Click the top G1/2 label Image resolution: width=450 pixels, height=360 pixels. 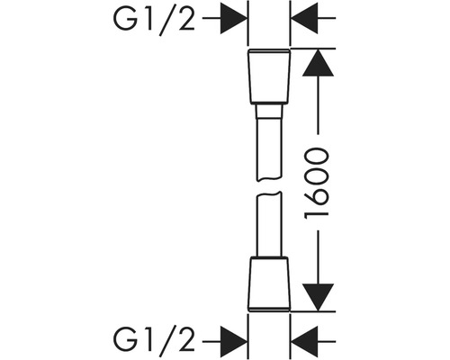point(154,19)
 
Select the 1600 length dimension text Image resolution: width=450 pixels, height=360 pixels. point(317,183)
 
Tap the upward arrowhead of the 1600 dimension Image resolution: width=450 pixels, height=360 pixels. point(318,62)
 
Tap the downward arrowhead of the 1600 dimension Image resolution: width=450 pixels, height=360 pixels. point(318,297)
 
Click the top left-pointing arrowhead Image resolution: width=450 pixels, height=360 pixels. point(304,18)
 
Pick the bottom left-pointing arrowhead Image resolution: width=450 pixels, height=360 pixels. point(304,342)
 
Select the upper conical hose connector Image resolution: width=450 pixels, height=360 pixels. point(269,76)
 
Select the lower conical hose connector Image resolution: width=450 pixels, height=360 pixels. point(269,283)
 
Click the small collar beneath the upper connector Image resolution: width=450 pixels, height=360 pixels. point(269,111)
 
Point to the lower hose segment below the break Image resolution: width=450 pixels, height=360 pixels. point(269,224)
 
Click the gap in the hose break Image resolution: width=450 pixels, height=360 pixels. point(269,186)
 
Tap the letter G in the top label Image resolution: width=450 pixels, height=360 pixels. point(123,19)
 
